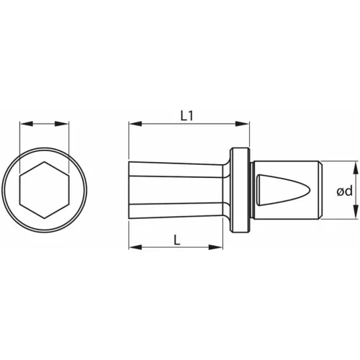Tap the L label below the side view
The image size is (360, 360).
176,240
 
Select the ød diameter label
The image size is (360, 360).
344,192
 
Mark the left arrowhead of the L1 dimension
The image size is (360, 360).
132,124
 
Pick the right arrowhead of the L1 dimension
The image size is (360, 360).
247,124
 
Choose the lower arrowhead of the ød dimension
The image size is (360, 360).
356,216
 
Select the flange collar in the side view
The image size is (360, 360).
240,192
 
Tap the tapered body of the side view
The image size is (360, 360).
176,192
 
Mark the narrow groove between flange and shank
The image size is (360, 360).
251,192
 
